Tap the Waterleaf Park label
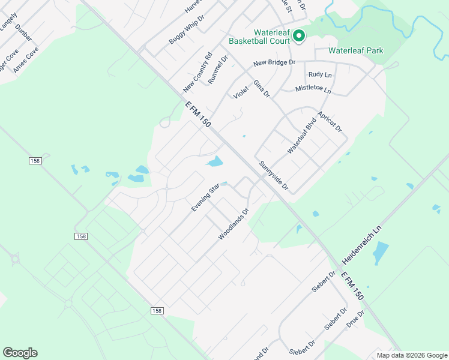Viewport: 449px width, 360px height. click(x=356, y=51)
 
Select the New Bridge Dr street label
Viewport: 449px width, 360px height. click(x=274, y=62)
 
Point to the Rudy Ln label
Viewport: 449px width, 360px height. click(x=320, y=74)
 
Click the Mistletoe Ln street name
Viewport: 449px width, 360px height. click(x=313, y=89)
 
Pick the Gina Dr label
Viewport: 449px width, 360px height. click(x=262, y=88)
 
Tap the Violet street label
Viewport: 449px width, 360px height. click(x=241, y=93)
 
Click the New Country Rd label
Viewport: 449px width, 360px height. click(x=198, y=73)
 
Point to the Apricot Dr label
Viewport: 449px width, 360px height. click(x=330, y=122)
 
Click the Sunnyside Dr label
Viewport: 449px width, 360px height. click(x=274, y=176)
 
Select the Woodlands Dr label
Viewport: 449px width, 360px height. click(x=234, y=224)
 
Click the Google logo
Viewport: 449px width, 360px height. click(x=20, y=353)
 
